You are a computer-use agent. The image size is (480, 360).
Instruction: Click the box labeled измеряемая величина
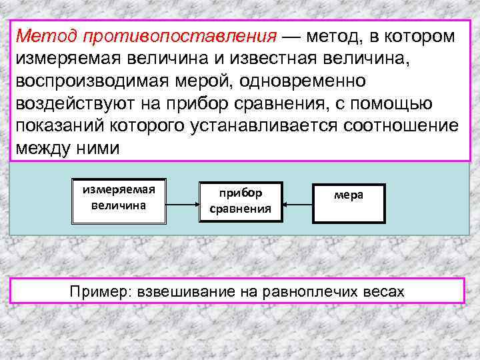coord(118,198)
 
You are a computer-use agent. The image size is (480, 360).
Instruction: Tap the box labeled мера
coord(349,198)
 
